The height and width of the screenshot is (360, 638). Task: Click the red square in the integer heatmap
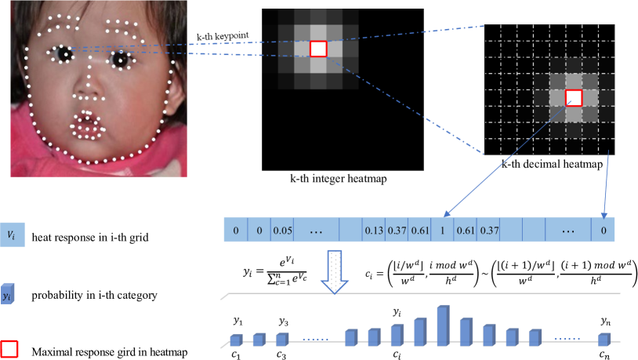tap(317, 49)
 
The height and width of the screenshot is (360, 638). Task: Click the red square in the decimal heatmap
tap(574, 97)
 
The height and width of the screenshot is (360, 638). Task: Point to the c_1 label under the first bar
tap(235, 352)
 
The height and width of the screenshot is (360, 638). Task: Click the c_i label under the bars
tap(397, 353)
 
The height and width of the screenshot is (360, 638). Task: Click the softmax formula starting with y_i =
tap(266, 267)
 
